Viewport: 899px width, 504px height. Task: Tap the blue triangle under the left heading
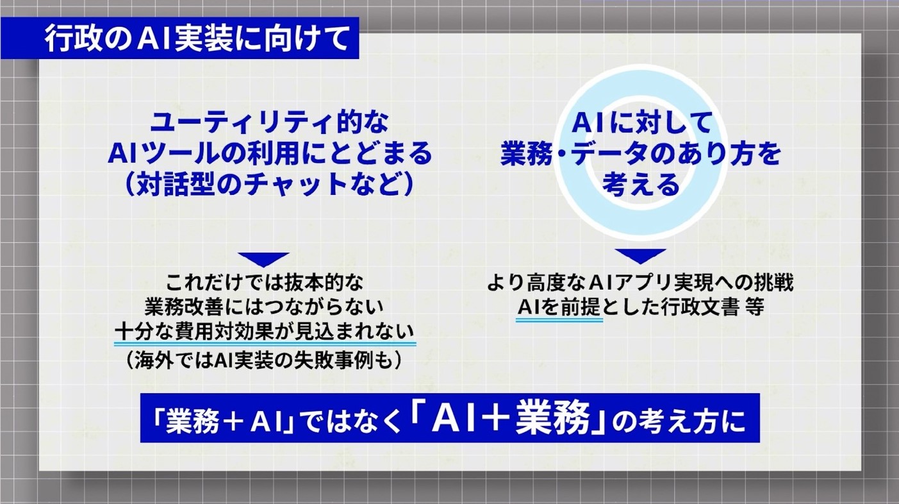pyautogui.click(x=263, y=258)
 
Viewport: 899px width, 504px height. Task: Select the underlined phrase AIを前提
pyautogui.click(x=559, y=307)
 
